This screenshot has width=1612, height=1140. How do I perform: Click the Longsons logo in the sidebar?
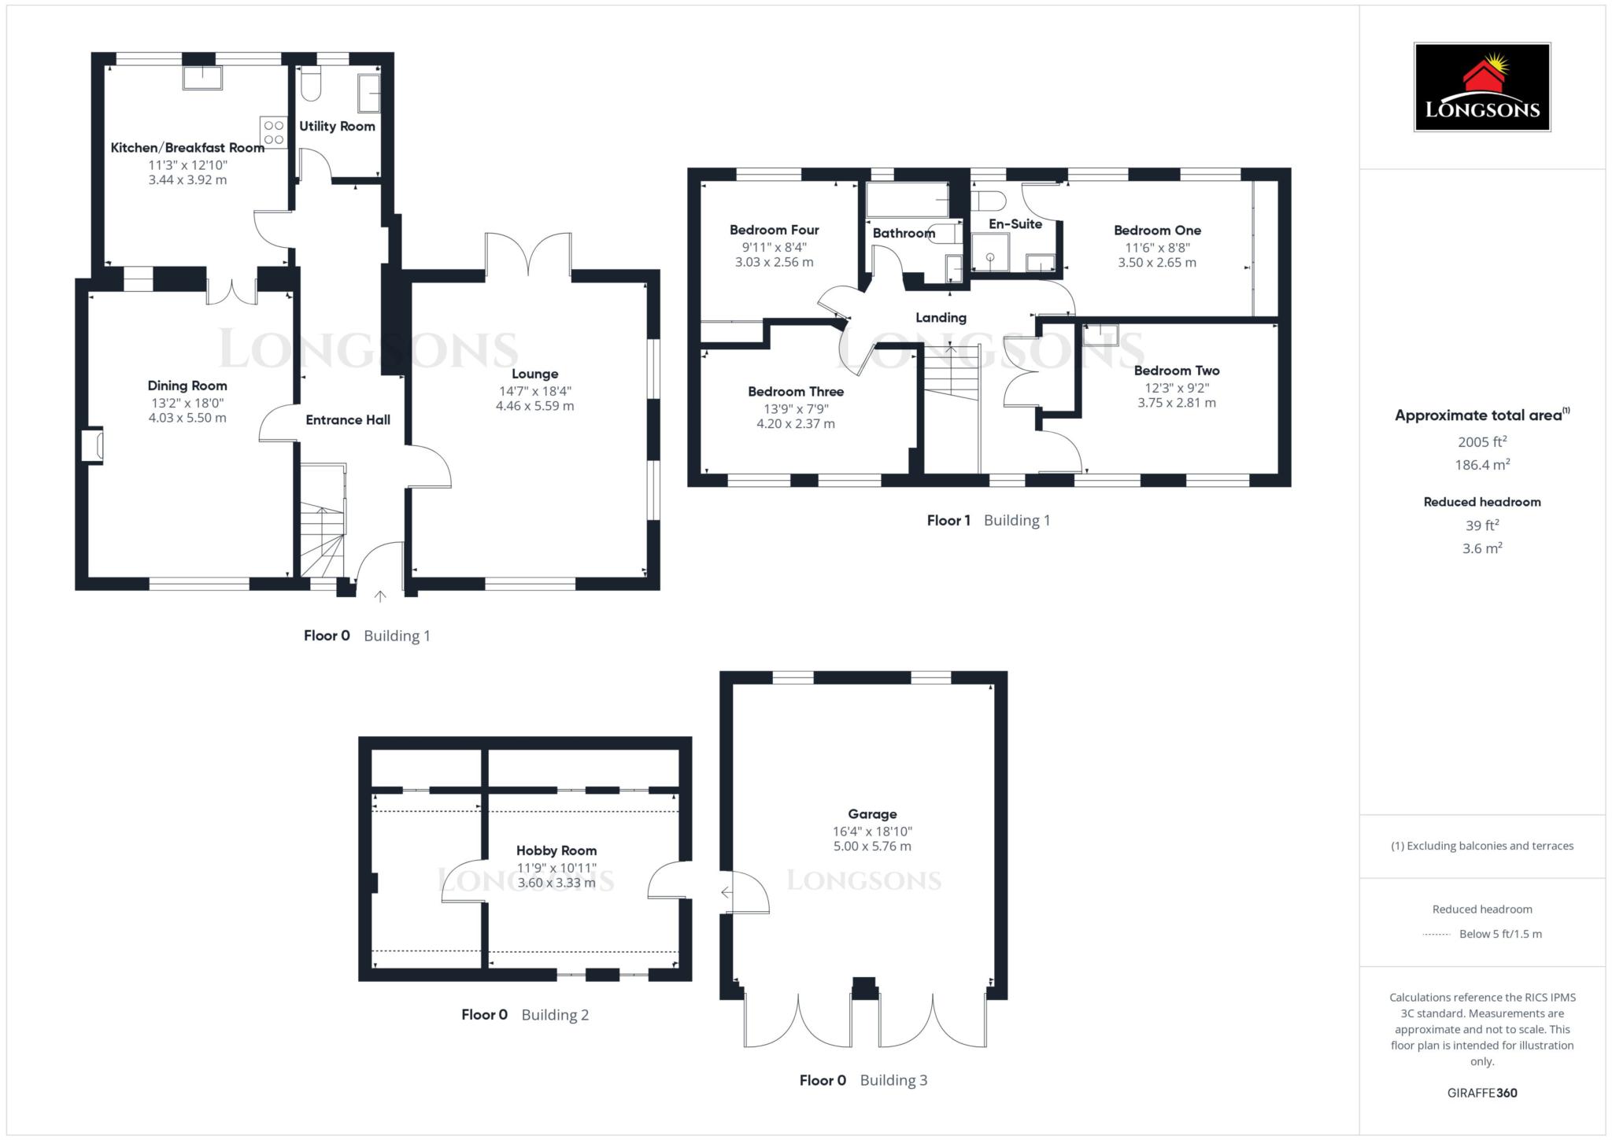(1481, 87)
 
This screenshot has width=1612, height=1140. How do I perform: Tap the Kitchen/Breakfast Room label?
(187, 148)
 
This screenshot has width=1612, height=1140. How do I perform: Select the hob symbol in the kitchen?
(273, 131)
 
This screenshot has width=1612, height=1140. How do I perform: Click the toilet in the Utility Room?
(311, 84)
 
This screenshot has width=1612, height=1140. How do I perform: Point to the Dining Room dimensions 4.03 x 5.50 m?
(187, 418)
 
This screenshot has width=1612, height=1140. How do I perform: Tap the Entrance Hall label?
(348, 420)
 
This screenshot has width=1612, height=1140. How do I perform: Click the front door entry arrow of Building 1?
(380, 596)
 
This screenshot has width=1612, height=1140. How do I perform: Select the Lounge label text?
(534, 374)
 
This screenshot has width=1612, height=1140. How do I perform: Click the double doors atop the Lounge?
(528, 254)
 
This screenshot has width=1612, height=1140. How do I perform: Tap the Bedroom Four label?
(774, 231)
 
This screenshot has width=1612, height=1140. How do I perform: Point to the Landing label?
(941, 318)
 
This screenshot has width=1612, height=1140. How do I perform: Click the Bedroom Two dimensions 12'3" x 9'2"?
(1176, 388)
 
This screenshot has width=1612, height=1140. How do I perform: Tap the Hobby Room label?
(556, 850)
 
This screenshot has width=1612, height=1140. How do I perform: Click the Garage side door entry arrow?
(726, 893)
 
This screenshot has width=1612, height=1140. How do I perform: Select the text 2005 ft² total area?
(1481, 442)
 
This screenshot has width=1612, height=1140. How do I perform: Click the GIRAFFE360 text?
(1481, 1093)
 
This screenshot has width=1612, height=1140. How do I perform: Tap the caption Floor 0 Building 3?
(863, 1080)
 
